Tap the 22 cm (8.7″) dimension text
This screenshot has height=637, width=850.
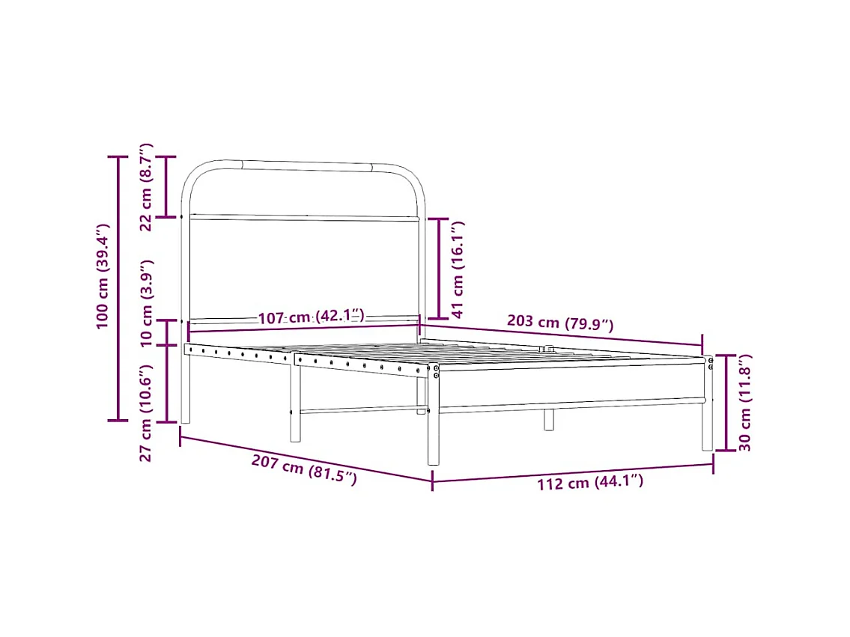click(147, 187)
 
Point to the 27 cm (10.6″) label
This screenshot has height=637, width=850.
click(147, 412)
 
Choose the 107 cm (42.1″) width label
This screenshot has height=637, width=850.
click(311, 317)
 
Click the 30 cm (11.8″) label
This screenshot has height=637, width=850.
click(744, 403)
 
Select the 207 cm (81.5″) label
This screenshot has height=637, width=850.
click(303, 470)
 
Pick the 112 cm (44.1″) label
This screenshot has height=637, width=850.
click(589, 483)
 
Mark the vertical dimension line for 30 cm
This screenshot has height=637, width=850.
click(726, 403)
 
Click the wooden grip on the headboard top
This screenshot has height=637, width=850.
click(306, 165)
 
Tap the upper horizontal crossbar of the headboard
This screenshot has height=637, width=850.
click(303, 218)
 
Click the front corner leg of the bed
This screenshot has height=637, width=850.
click(433, 434)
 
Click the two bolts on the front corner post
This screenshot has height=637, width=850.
click(436, 371)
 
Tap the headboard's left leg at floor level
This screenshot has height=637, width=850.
click(186, 415)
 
